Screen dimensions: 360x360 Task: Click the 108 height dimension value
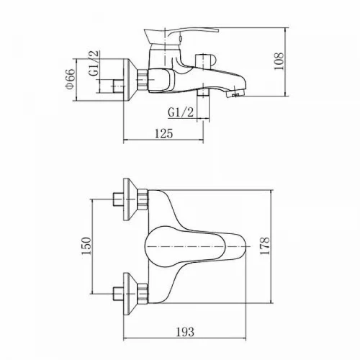(x=279, y=61)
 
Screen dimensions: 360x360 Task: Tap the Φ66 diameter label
(x=71, y=79)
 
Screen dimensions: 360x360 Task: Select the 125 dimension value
(x=163, y=134)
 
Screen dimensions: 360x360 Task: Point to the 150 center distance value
(x=86, y=246)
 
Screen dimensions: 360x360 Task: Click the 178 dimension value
(x=265, y=246)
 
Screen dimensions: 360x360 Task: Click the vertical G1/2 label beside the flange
(x=94, y=63)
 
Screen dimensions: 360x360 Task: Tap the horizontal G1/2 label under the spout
(x=181, y=112)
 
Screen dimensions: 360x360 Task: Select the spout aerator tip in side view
(x=235, y=94)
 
